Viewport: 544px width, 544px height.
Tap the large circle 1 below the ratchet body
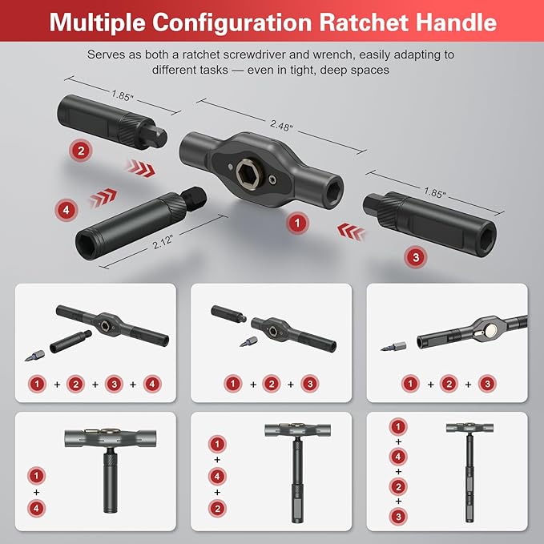(x=297, y=222)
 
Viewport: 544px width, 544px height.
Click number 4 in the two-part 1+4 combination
(x=34, y=507)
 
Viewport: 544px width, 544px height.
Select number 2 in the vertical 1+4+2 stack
(x=215, y=507)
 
